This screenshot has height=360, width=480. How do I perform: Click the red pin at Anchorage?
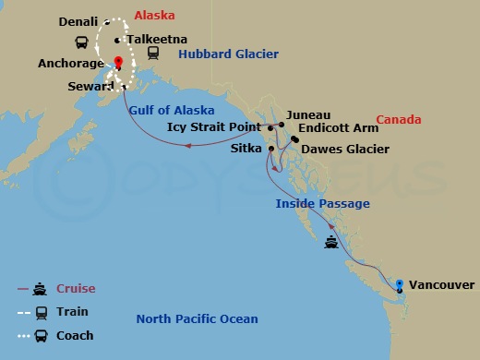point(118,64)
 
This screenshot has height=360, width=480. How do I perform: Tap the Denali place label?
point(78,21)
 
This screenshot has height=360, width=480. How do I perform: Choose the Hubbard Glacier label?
point(228,54)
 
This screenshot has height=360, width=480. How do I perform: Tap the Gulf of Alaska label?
point(168,110)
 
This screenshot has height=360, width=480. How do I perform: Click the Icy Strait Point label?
point(217,126)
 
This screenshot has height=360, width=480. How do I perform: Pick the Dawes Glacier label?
point(345,149)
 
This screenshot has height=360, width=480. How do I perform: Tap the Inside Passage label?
point(322,203)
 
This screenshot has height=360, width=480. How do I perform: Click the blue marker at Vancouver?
point(400,284)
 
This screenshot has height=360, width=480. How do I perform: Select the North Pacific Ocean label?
point(197,319)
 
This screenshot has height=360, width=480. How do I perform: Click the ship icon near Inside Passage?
point(331,244)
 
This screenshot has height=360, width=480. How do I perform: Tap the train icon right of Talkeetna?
point(152,54)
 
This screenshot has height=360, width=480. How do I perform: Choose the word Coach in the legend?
point(76,335)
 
